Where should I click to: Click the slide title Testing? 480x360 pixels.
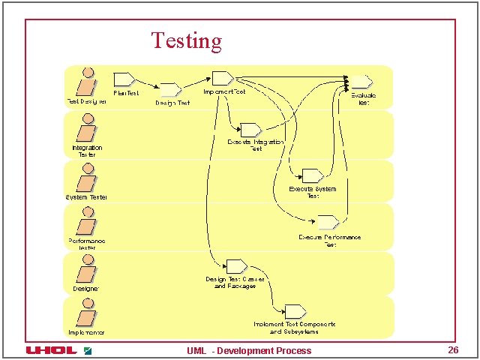tap(186, 40)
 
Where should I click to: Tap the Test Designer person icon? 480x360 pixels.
tap(87, 82)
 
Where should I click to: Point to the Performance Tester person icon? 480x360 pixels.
tap(87, 223)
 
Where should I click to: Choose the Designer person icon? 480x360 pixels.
tap(87, 270)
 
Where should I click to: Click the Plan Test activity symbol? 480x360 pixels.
tap(124, 78)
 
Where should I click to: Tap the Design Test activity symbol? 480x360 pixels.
tap(170, 89)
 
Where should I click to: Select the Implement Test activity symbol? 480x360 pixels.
tap(222, 78)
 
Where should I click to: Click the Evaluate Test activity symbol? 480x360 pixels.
tap(362, 82)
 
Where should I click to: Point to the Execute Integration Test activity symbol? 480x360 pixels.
tap(250, 130)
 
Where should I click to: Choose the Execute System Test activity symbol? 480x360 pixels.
tap(311, 175)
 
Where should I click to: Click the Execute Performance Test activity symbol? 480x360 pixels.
tap(328, 222)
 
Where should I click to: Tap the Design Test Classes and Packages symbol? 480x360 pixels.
tap(236, 265)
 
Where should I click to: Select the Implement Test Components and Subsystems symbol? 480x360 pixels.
tap(295, 310)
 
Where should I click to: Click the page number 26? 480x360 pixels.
tap(453, 350)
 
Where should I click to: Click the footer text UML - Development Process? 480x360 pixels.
tap(249, 350)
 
